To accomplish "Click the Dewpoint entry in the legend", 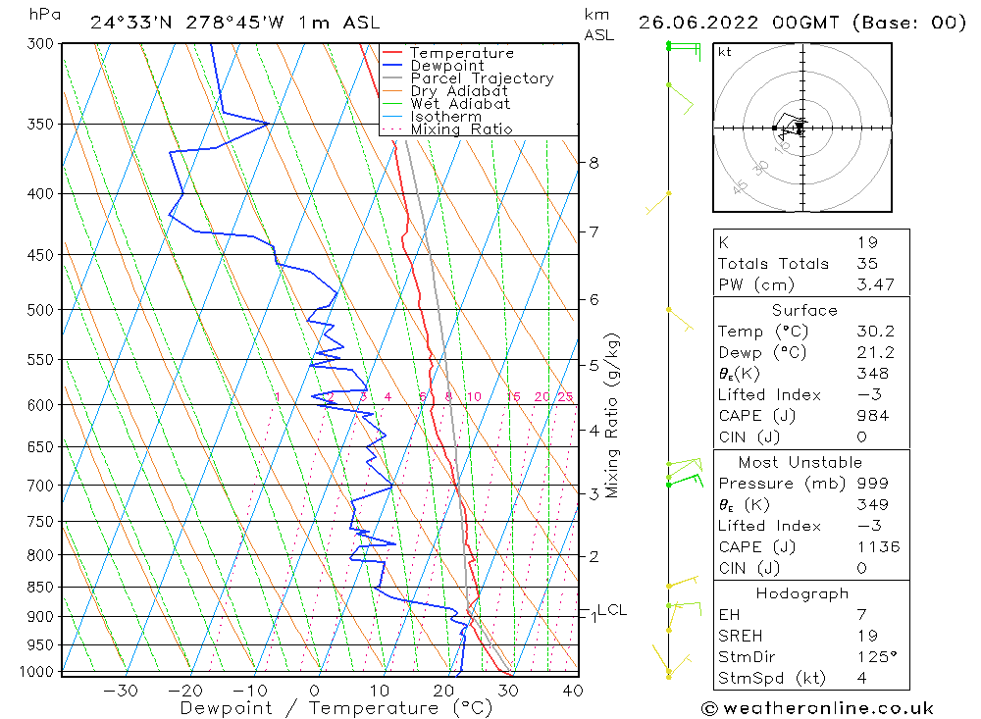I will coord(446,66).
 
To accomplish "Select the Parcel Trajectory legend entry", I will coord(482,78).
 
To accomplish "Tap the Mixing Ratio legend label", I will coord(461,129).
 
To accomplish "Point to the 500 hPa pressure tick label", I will coord(40,310).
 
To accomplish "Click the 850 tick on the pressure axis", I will coord(40,588).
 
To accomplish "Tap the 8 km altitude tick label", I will coord(594,163).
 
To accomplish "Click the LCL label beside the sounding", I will coord(612,609).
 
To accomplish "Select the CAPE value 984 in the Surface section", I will coord(871,416).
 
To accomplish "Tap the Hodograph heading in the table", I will coord(802,593).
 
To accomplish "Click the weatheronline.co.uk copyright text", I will coord(817,708).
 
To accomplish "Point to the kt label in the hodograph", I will coord(724,52).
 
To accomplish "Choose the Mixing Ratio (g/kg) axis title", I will coord(613,415).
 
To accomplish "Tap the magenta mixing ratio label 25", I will coord(565,396).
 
